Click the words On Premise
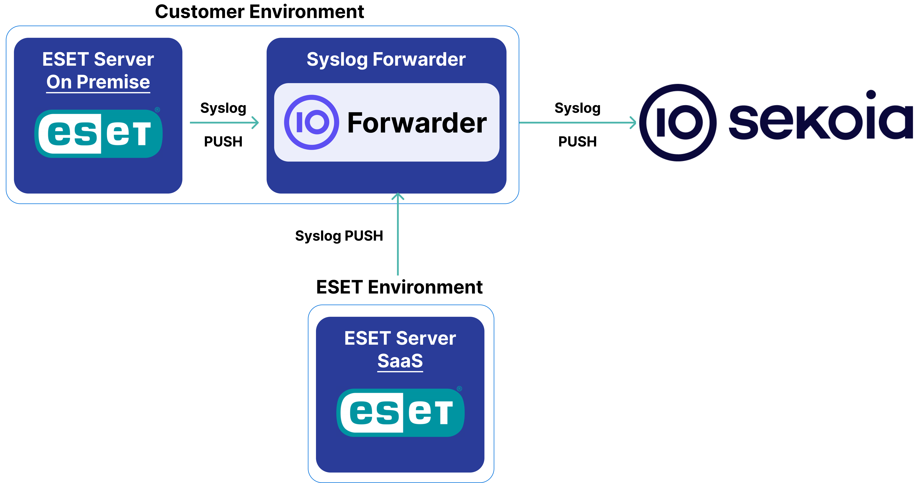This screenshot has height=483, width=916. [98, 82]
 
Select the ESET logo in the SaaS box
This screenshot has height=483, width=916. [400, 412]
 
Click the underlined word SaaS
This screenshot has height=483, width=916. [400, 361]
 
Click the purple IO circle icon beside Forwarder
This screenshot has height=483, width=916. [312, 122]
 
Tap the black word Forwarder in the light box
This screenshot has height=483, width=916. [417, 123]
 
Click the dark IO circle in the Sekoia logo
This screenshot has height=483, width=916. [678, 122]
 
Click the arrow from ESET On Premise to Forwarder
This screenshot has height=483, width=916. [224, 122]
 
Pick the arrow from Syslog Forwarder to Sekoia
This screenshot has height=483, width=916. [576, 122]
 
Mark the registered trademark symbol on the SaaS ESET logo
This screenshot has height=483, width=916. [459, 389]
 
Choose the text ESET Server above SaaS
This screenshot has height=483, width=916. [400, 338]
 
